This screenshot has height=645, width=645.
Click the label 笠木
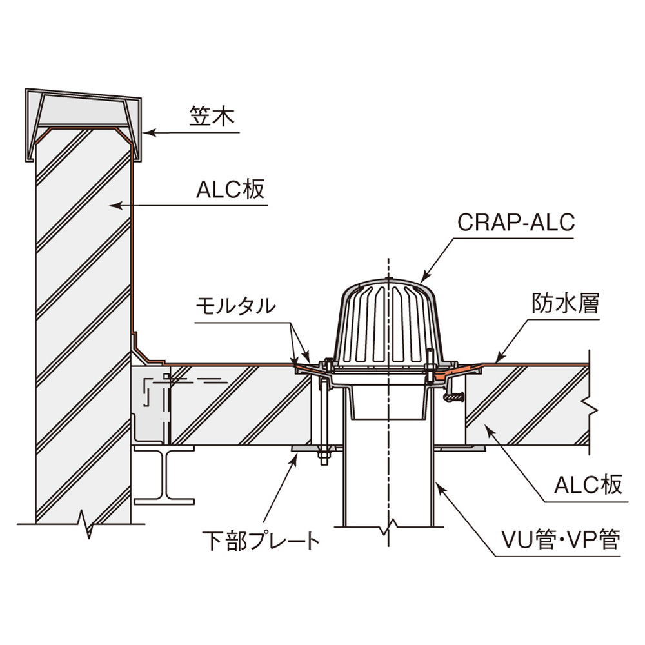(207, 117)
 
